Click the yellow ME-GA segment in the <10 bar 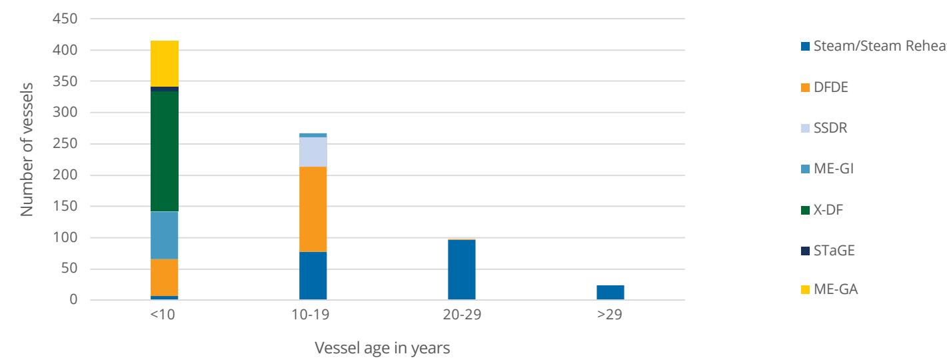(165, 63)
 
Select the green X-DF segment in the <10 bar (165, 151)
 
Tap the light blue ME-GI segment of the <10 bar (165, 235)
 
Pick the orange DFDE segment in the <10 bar (165, 277)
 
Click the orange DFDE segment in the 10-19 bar (313, 209)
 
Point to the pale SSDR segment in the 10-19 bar (313, 152)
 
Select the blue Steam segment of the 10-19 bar (313, 276)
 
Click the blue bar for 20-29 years (462, 270)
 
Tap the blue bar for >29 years (610, 293)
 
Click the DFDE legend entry (824, 87)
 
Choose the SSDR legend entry (824, 128)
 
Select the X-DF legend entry (822, 210)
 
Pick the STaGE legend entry (828, 251)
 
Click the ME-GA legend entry (830, 289)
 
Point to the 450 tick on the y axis (65, 19)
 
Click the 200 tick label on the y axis (65, 175)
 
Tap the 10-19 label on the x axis (311, 315)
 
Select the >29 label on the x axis (610, 315)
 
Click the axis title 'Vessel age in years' (382, 348)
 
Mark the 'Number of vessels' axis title (27, 150)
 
